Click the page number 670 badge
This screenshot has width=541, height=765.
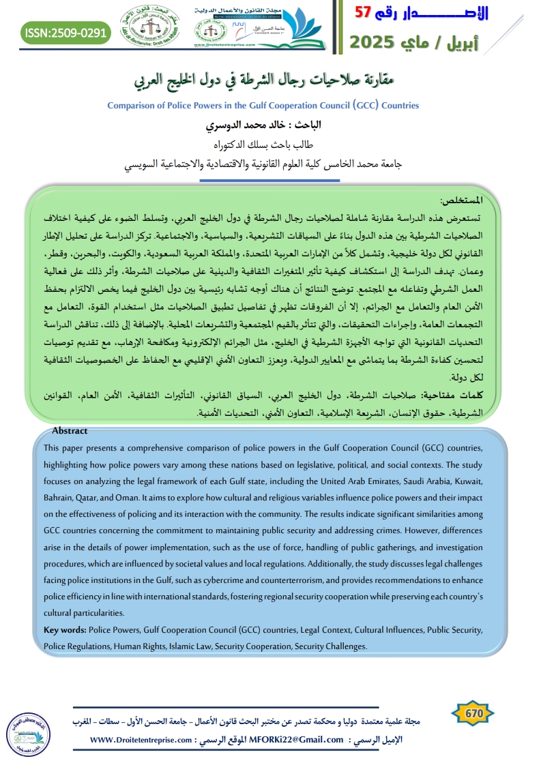tap(474, 713)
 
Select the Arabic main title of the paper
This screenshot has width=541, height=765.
tap(270, 81)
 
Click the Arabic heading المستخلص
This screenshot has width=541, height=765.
tap(462, 201)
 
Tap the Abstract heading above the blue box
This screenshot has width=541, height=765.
tap(70, 430)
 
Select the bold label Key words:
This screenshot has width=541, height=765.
tap(65, 630)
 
